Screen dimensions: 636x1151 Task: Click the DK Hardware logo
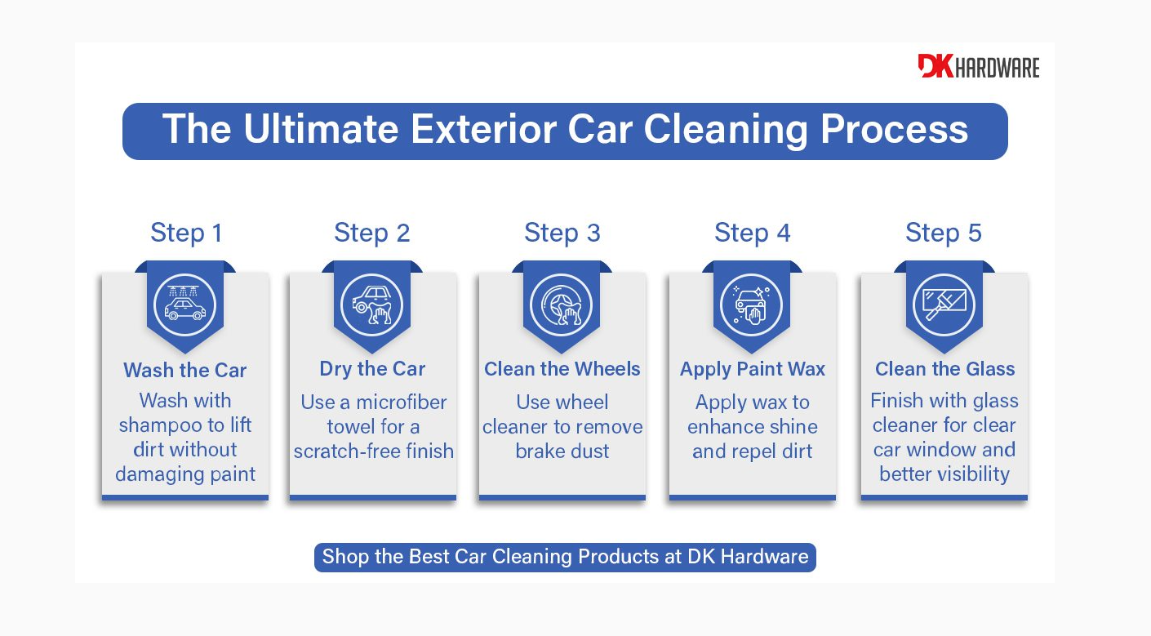pos(978,67)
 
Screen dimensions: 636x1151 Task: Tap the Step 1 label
pos(186,233)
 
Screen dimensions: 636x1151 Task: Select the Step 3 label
pos(562,233)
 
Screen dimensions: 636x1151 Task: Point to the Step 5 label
pos(944,233)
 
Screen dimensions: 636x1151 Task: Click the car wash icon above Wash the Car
pos(185,304)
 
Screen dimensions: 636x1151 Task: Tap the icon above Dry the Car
pos(372,304)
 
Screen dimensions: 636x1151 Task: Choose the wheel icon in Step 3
pos(562,304)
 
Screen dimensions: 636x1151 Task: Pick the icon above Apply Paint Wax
pos(752,304)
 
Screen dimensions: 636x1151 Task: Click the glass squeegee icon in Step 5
pos(944,304)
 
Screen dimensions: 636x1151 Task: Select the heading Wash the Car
pos(185,371)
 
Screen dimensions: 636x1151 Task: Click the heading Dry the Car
pos(372,369)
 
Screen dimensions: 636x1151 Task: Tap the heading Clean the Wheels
pos(562,369)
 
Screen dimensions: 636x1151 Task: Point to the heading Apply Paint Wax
pos(753,369)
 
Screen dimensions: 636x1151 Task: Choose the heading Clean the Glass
pos(944,369)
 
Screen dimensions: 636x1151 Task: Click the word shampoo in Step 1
pos(162,425)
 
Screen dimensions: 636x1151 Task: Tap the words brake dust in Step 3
pos(562,451)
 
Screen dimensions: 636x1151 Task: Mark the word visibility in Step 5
pos(966,474)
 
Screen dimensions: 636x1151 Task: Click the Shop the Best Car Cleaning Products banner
pos(565,558)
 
